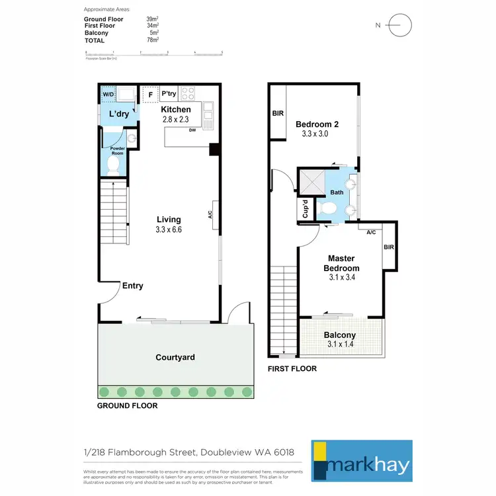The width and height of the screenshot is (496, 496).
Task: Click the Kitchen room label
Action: point(176,110)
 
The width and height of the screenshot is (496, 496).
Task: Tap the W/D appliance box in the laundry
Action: point(108,95)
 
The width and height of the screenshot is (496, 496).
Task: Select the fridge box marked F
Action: point(151,95)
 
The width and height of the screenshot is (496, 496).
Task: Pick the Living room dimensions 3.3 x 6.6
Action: point(168,230)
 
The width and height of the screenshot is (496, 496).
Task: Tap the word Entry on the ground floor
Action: point(132,286)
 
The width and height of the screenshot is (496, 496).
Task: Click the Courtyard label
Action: point(175,357)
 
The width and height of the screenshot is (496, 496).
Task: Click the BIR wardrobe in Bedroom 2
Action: point(278,113)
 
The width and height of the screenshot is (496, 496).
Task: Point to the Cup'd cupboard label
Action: point(306,210)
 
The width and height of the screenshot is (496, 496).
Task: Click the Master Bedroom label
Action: point(341,263)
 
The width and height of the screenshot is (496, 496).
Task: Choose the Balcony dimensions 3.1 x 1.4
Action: point(341,345)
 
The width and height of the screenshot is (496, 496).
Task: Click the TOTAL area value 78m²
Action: point(152,40)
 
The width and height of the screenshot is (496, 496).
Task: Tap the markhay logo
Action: point(370,461)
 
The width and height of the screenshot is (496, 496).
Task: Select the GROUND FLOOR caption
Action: point(127,405)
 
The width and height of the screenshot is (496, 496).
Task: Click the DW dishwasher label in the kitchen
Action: point(192,130)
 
